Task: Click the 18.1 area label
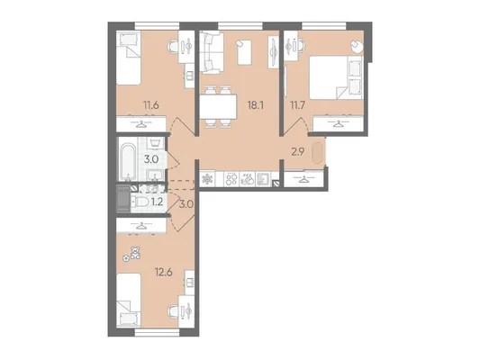(255, 105)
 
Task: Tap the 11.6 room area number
(151, 106)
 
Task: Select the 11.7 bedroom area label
(297, 106)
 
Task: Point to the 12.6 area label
(164, 272)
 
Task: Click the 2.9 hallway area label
(297, 152)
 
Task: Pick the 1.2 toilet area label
(157, 202)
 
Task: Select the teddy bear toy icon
(135, 253)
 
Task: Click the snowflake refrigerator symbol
(207, 179)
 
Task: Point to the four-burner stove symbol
(231, 179)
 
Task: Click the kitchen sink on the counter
(263, 179)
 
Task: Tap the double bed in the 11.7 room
(336, 77)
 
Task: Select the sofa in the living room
(211, 52)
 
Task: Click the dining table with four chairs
(218, 107)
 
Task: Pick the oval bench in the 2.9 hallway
(317, 153)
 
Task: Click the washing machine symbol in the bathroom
(155, 142)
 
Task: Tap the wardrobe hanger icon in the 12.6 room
(141, 226)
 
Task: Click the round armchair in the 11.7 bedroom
(357, 46)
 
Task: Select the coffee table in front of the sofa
(244, 52)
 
